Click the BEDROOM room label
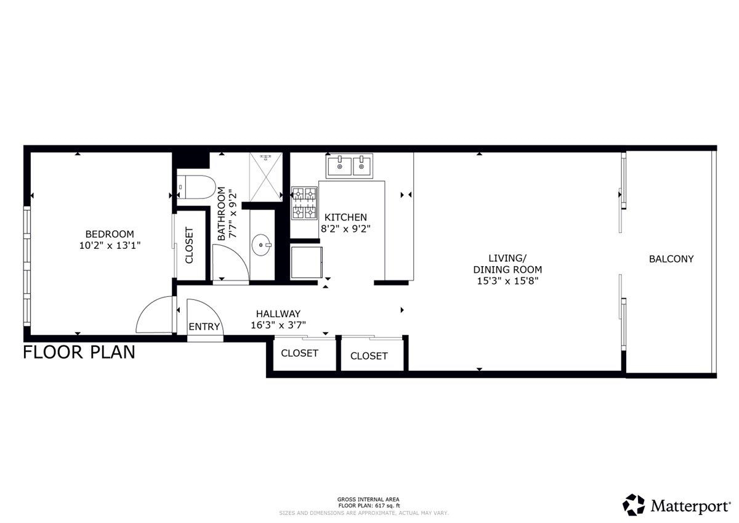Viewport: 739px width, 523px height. (x=109, y=234)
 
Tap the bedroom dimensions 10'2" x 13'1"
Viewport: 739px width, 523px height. (x=109, y=245)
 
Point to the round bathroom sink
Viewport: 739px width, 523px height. (x=265, y=245)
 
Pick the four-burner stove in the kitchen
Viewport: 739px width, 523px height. (x=304, y=204)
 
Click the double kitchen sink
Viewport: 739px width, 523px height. (x=349, y=165)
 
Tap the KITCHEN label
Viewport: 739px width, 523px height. (x=345, y=217)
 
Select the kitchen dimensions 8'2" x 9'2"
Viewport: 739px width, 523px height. (x=345, y=229)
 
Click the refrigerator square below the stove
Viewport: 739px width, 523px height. (x=306, y=262)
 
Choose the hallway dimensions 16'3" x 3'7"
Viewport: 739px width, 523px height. (x=278, y=325)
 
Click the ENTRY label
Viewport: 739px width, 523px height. (x=204, y=326)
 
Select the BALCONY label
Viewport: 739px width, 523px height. (x=671, y=259)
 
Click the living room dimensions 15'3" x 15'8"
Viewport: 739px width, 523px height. (x=507, y=281)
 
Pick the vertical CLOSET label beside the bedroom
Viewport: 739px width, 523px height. (x=189, y=246)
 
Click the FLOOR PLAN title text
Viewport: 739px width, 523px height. (x=79, y=352)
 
